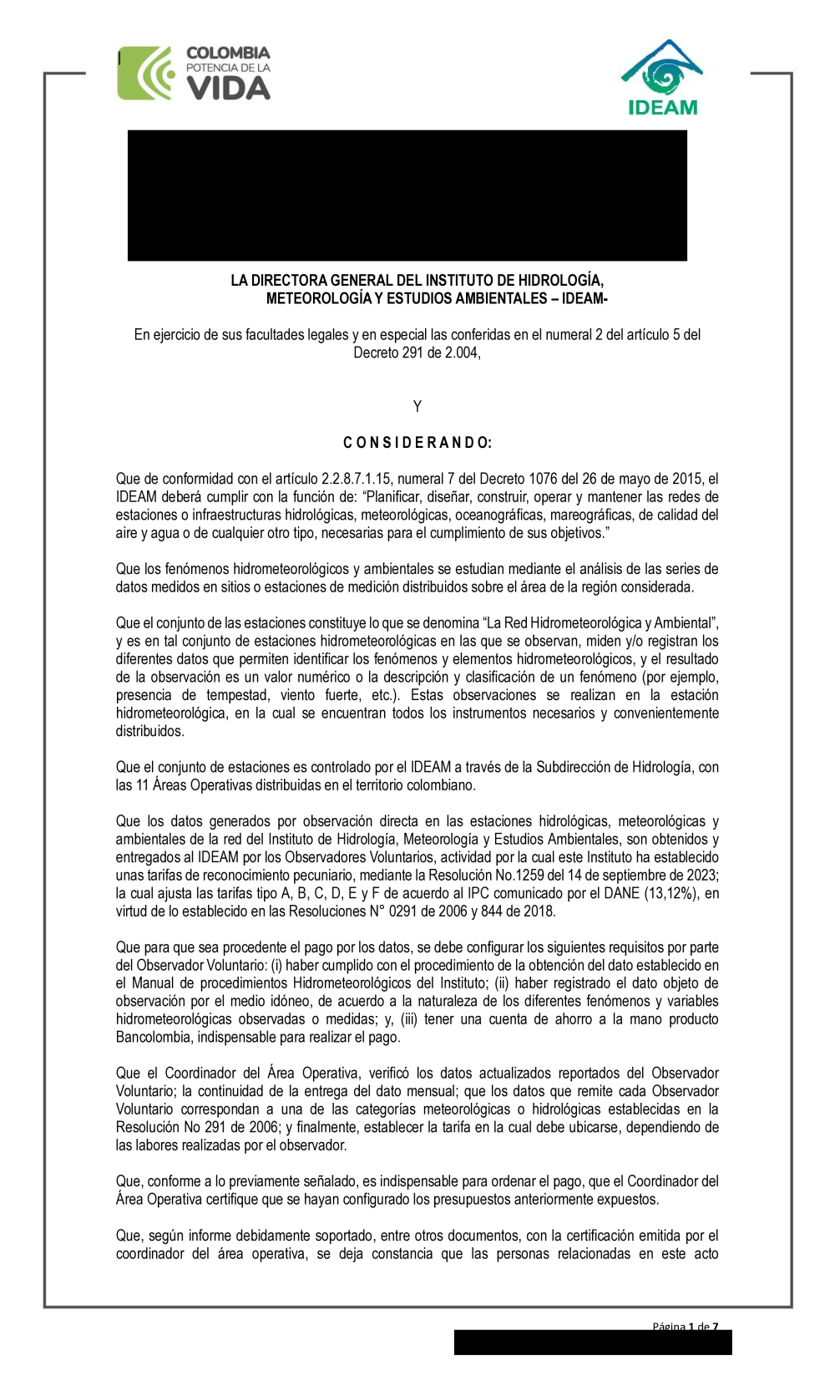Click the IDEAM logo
coord(662,78)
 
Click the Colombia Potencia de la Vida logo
coord(195,74)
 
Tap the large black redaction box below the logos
coord(407,195)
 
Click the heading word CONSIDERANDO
coord(417,443)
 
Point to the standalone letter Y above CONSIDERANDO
coord(417,407)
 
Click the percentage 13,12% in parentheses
coord(661,894)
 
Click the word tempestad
coord(239,696)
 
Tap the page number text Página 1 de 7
coord(685,1327)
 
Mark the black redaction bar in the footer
coord(592,1343)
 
